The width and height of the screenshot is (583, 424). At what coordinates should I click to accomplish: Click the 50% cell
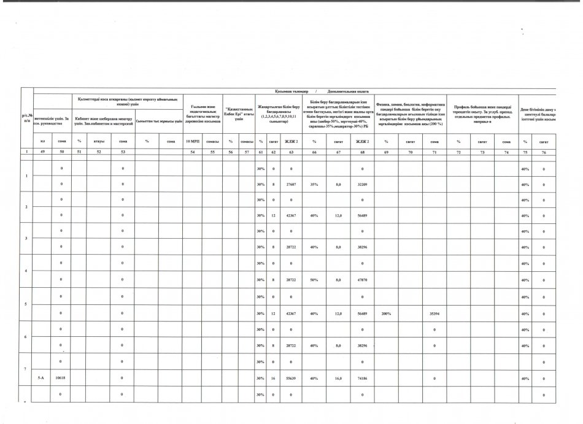pos(314,279)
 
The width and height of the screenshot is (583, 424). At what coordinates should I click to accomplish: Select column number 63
pos(291,151)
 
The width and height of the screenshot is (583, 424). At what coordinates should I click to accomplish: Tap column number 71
pos(434,151)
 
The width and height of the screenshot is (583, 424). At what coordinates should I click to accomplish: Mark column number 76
pos(544,151)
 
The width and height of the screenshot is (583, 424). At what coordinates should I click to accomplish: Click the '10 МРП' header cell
pos(192,141)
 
